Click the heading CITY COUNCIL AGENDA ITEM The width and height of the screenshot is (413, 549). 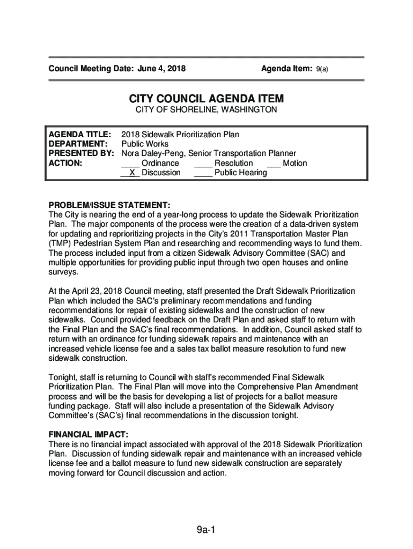pyautogui.click(x=206, y=99)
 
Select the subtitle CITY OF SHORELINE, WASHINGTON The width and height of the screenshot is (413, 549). pyautogui.click(x=206, y=110)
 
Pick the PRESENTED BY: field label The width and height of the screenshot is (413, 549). pyautogui.click(x=82, y=153)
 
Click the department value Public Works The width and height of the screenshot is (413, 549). pyautogui.click(x=145, y=144)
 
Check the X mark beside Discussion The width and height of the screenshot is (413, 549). pyautogui.click(x=131, y=173)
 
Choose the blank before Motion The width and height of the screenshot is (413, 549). pyautogui.click(x=274, y=163)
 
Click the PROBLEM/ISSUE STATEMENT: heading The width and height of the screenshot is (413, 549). pyautogui.click(x=110, y=205)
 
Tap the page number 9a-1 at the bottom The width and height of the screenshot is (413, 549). pyautogui.click(x=205, y=531)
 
